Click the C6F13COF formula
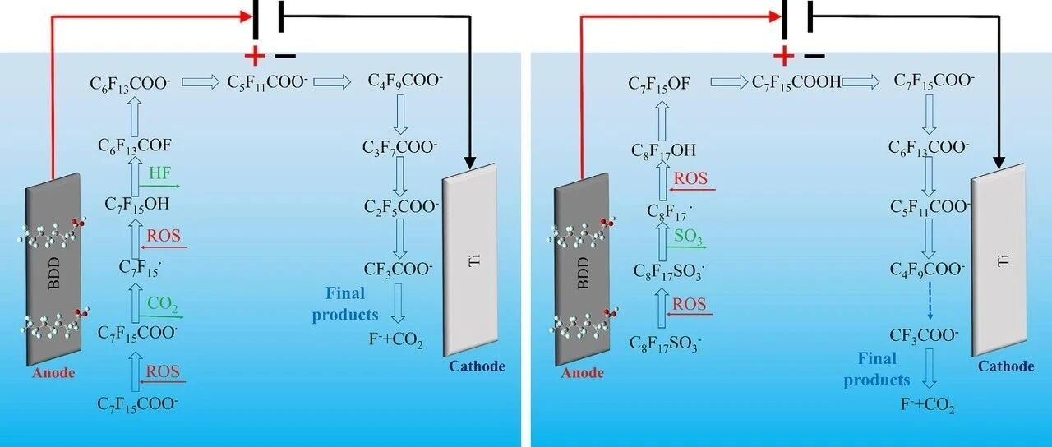point(135,146)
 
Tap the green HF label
point(160,173)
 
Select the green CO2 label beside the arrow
point(163,304)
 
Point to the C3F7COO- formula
point(399,148)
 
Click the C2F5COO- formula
point(401,207)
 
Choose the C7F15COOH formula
point(796,83)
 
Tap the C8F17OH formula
point(662,151)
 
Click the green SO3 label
point(689,237)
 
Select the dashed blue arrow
point(930,301)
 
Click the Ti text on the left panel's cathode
point(475,260)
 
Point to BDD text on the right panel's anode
point(583,273)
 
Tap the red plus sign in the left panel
point(255,57)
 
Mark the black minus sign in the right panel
point(814,57)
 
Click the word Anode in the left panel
point(53,373)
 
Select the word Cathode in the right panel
point(1006,366)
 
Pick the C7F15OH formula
point(136,205)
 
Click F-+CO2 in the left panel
point(395,340)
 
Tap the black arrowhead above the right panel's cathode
point(999,162)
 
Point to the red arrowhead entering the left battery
point(246,16)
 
